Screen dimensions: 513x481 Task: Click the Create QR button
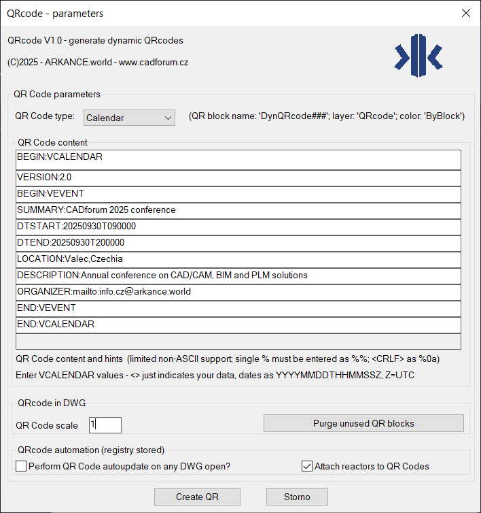[197, 497]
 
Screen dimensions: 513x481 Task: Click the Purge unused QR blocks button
[363, 423]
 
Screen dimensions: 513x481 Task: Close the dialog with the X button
[465, 13]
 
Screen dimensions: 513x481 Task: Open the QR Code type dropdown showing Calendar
[129, 118]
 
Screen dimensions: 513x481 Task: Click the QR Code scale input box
[105, 425]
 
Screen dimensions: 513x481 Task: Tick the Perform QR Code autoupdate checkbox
[21, 466]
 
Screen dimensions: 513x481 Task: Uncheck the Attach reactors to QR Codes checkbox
[306, 466]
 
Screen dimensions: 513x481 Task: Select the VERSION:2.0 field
[238, 178]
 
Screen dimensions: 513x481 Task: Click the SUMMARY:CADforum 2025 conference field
[238, 210]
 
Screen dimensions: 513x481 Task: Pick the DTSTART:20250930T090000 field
[238, 227]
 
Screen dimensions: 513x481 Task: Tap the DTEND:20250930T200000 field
[238, 243]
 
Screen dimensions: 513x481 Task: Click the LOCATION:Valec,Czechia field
[238, 259]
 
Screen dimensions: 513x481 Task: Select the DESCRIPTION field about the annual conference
[238, 276]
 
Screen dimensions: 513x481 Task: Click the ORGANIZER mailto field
[238, 292]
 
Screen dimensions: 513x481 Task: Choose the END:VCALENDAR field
[238, 325]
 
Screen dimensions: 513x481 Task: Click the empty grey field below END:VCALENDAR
[238, 341]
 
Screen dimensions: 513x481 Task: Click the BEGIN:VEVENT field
[238, 194]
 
